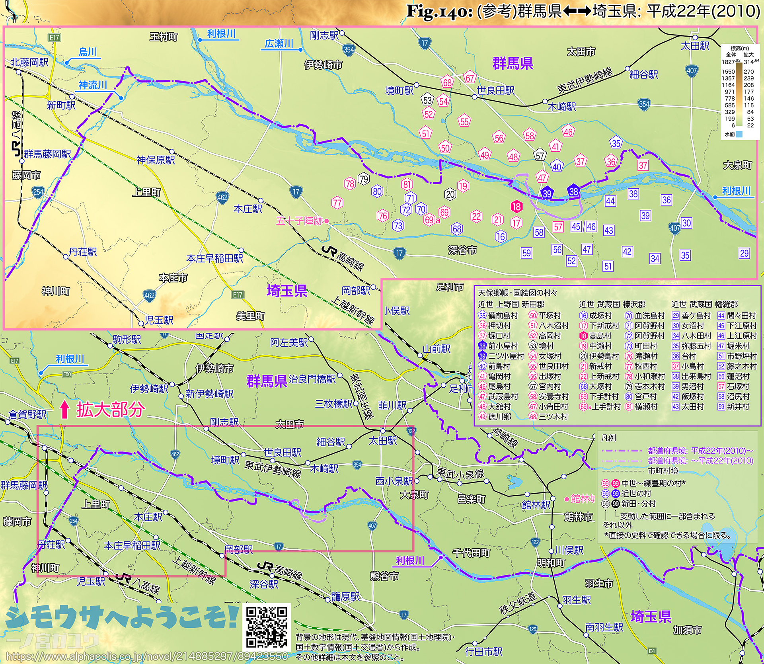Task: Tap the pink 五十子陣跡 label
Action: tap(299, 221)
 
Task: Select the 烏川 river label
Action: tap(88, 52)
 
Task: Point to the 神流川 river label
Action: tap(93, 85)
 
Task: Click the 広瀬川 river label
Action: tap(279, 43)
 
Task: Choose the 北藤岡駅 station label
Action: tap(29, 62)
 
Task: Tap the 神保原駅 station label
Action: tap(156, 160)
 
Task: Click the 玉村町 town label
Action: tap(164, 37)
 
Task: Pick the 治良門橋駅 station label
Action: tap(312, 379)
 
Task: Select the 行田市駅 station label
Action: tap(484, 651)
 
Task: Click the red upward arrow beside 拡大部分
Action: tap(64, 410)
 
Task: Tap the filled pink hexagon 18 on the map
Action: tap(516, 206)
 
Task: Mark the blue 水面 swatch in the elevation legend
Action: tap(739, 135)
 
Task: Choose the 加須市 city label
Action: tap(687, 630)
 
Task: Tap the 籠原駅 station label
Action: tap(345, 596)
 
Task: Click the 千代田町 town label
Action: tap(471, 553)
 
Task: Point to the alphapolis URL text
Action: tap(147, 656)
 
